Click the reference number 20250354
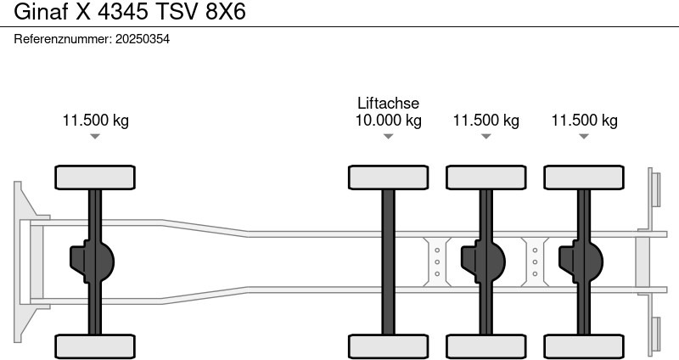[x=142, y=39]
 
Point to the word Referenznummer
[x=63, y=39]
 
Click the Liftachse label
[x=388, y=104]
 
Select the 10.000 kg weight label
[x=388, y=121]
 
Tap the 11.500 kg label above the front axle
[x=95, y=121]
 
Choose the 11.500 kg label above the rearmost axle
[x=584, y=121]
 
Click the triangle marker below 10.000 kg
[x=388, y=137]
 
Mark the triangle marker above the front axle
[x=95, y=137]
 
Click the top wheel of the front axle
[x=95, y=177]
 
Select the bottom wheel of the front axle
[x=95, y=346]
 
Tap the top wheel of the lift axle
[x=388, y=177]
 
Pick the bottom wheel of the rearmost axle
[x=584, y=346]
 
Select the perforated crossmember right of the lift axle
[x=436, y=262]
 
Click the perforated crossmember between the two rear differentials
[x=535, y=262]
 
